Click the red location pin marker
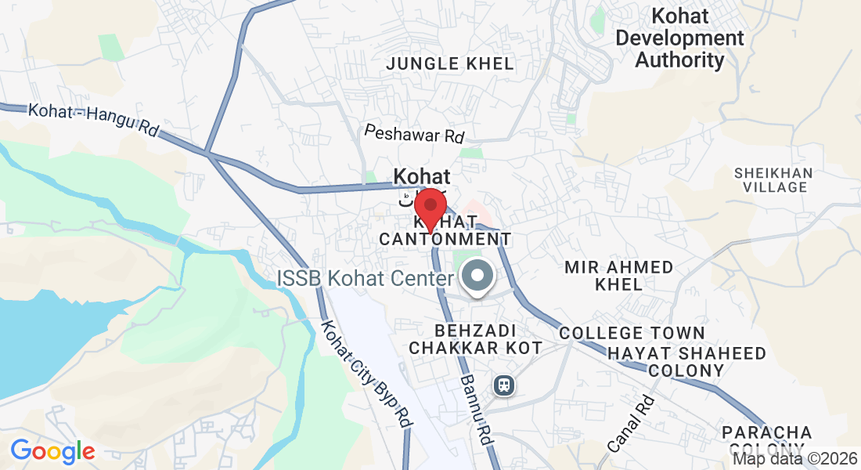pyautogui.click(x=430, y=208)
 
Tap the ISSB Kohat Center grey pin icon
pyautogui.click(x=477, y=277)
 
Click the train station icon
pyautogui.click(x=503, y=385)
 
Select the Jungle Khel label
pyautogui.click(x=450, y=63)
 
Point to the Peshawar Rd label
pyautogui.click(x=414, y=134)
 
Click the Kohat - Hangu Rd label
pyautogui.click(x=93, y=121)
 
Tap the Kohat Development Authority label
pyautogui.click(x=679, y=38)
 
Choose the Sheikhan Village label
pyautogui.click(x=773, y=179)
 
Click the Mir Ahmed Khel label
pyautogui.click(x=618, y=276)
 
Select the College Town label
pyautogui.click(x=632, y=334)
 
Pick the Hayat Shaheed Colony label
pyautogui.click(x=687, y=362)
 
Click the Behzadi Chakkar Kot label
pyautogui.click(x=476, y=338)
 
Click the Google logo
pyautogui.click(x=52, y=451)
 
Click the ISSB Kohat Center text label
pyautogui.click(x=366, y=278)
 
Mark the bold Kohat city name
pyautogui.click(x=422, y=176)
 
